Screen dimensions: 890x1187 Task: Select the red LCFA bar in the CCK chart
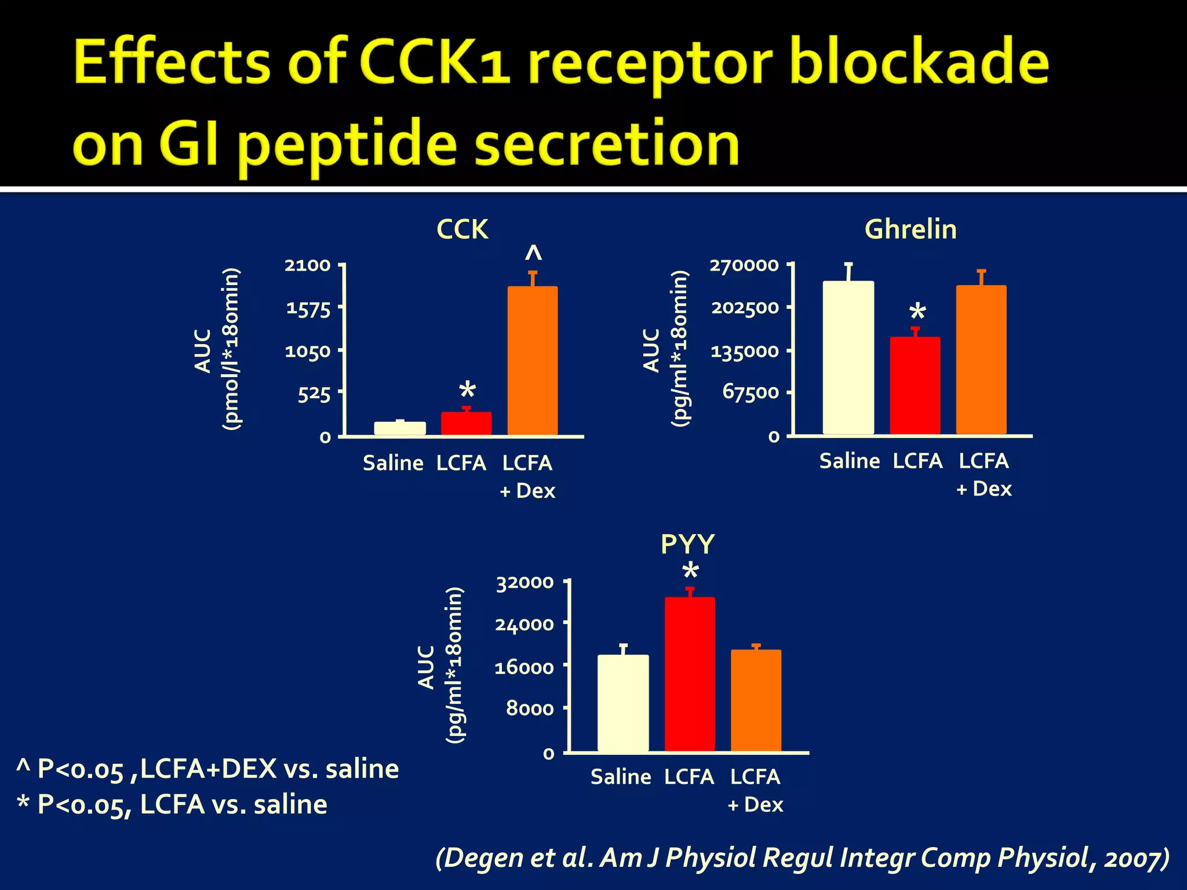pyautogui.click(x=467, y=423)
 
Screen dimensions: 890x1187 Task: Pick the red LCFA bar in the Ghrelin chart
pyautogui.click(x=915, y=385)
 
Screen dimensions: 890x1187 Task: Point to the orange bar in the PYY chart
pyautogui.click(x=756, y=701)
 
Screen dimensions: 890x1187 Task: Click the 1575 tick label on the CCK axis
pyautogui.click(x=308, y=308)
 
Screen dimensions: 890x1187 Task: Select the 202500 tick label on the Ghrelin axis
pyautogui.click(x=745, y=307)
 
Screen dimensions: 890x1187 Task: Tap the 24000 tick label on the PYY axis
pyautogui.click(x=525, y=624)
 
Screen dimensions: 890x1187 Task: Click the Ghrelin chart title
pyautogui.click(x=911, y=229)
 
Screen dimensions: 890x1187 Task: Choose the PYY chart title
pyautogui.click(x=688, y=544)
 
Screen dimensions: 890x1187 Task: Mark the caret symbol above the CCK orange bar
pyautogui.click(x=533, y=253)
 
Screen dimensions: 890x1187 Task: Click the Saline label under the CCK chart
pyautogui.click(x=393, y=463)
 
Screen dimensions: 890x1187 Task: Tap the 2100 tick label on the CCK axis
pyautogui.click(x=307, y=265)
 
